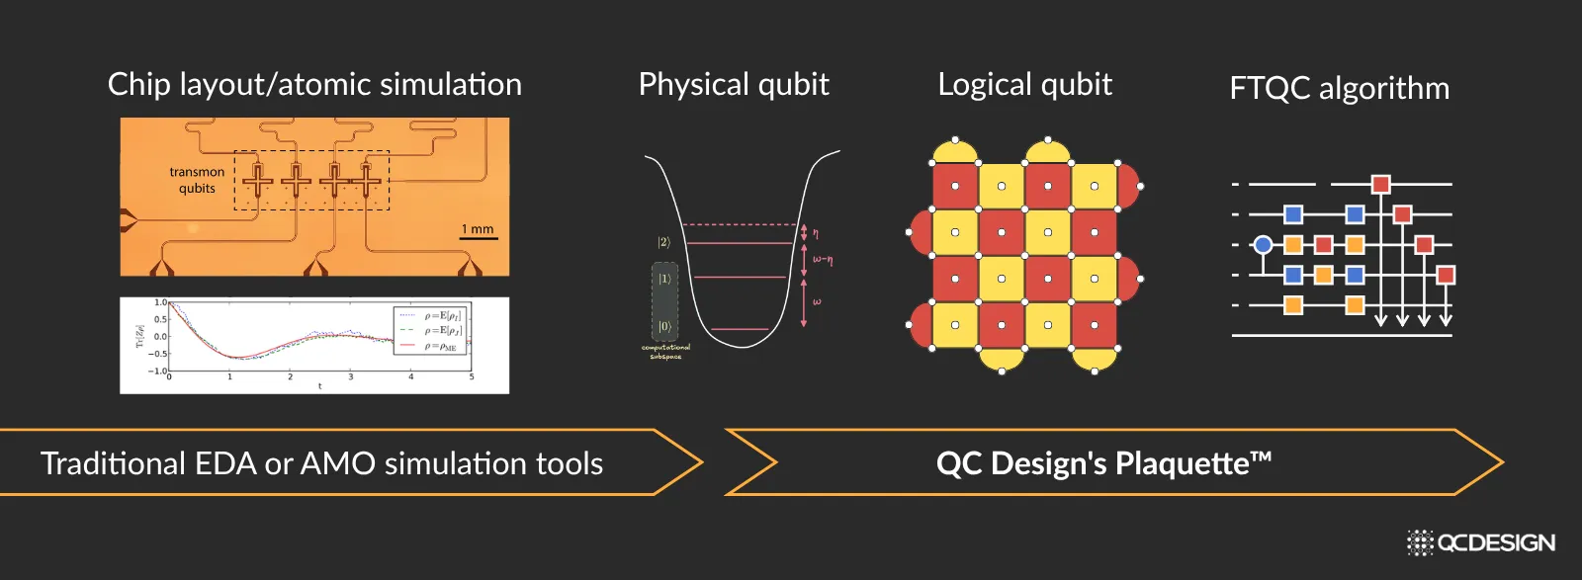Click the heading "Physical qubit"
734,85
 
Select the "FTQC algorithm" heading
1339,89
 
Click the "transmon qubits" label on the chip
197,180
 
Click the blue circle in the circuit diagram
1263,244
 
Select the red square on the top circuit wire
1380,184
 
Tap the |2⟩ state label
664,242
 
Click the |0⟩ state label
664,326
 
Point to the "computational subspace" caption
665,351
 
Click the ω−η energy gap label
823,260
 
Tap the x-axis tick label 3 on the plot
350,376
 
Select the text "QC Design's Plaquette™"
1103,462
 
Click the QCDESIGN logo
1481,542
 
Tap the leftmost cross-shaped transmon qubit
259,181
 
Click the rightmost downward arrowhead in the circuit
1446,319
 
